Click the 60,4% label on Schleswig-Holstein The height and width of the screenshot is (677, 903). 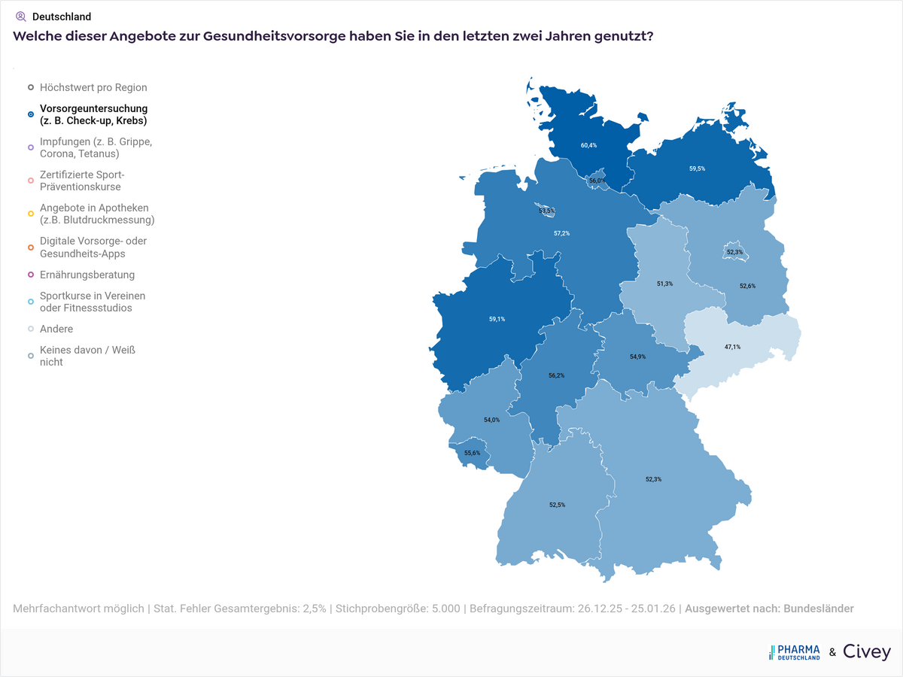588,145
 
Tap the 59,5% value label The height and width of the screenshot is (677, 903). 697,169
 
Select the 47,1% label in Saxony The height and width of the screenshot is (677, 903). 732,347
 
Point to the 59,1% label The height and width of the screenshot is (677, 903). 497,319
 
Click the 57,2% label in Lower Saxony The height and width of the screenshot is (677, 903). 561,233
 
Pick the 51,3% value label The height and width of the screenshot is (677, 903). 664,284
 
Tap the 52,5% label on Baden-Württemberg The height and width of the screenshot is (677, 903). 557,505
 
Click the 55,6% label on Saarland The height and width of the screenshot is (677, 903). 472,453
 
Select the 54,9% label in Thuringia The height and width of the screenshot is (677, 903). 637,356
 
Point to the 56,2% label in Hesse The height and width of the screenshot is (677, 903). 556,375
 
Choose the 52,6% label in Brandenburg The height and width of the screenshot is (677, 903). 747,286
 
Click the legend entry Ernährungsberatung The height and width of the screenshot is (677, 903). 87,275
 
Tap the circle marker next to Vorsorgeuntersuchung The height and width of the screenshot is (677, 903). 30,114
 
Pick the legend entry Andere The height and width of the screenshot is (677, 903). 56,329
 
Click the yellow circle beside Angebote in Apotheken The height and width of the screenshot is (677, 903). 30,214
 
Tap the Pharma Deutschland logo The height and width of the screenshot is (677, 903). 794,652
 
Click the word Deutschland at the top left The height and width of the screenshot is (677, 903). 62,17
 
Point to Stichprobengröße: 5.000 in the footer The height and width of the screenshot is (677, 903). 397,609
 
